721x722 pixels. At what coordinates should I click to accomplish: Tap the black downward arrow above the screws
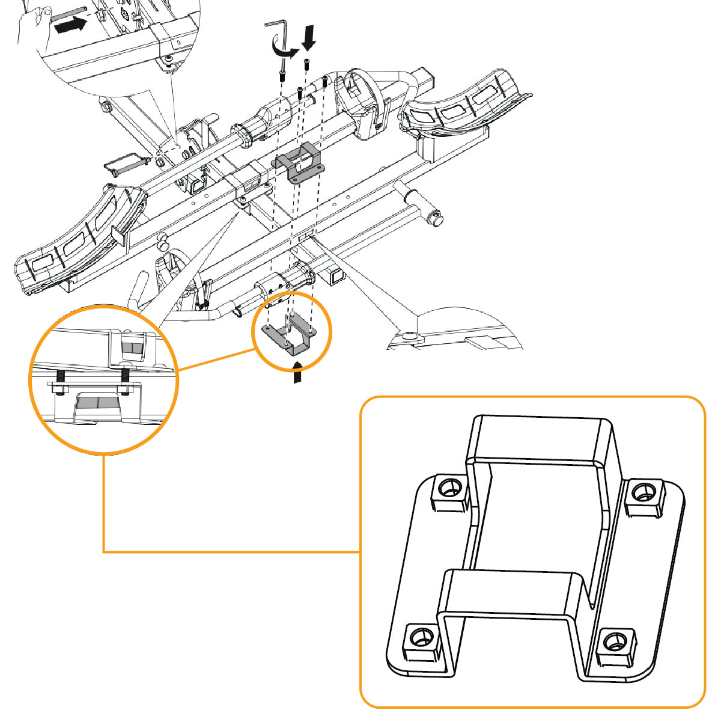(309, 38)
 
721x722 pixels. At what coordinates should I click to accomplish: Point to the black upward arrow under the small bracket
(297, 372)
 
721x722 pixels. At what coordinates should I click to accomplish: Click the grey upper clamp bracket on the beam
(299, 162)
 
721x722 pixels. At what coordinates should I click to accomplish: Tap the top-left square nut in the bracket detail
(448, 491)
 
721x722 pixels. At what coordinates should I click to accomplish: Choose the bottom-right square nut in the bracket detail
(615, 645)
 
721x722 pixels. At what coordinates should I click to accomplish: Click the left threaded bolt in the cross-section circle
(61, 380)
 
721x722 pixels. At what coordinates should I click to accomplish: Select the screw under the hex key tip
(281, 76)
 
